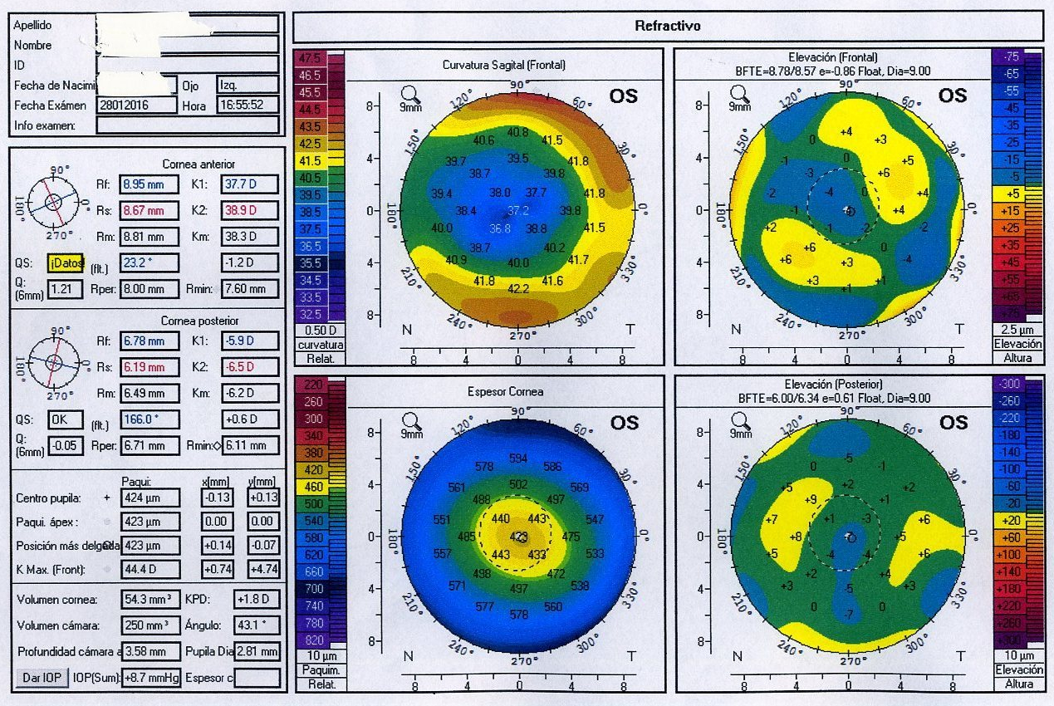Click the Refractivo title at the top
668,26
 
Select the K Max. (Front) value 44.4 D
151,569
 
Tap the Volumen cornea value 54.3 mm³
151,600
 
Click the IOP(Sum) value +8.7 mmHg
151,679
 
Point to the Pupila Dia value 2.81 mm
257,651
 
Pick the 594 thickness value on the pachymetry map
518,458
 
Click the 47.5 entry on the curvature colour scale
310,59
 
